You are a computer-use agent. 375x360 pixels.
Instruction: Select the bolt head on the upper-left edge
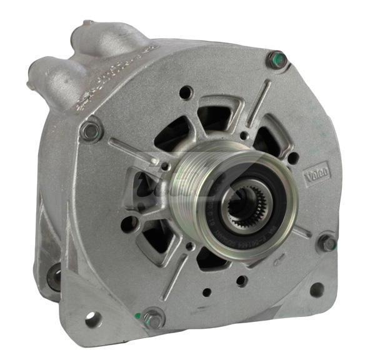[90, 131]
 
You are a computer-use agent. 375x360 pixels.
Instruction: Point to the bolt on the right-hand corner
[326, 242]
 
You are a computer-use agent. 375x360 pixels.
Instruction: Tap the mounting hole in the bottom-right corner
[317, 289]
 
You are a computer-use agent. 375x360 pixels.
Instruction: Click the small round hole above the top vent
[185, 94]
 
